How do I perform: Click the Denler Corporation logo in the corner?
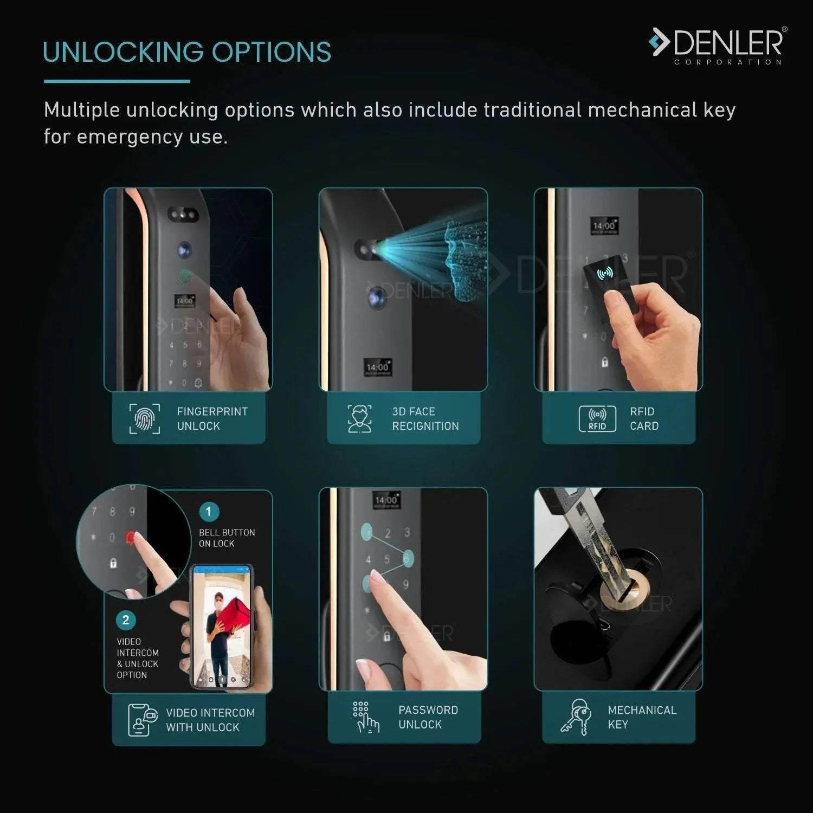[718, 46]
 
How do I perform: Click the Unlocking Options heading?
[187, 52]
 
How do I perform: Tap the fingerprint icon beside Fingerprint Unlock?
[145, 418]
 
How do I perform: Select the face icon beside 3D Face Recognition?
[359, 418]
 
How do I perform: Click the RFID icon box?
[597, 418]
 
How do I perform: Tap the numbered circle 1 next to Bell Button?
[209, 511]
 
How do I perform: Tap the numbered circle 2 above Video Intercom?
[126, 620]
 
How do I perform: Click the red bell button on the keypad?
[131, 537]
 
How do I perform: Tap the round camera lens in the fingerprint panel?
[184, 250]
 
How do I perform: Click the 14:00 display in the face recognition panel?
[378, 367]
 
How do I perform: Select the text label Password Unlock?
[428, 717]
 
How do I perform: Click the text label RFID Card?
[644, 418]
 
